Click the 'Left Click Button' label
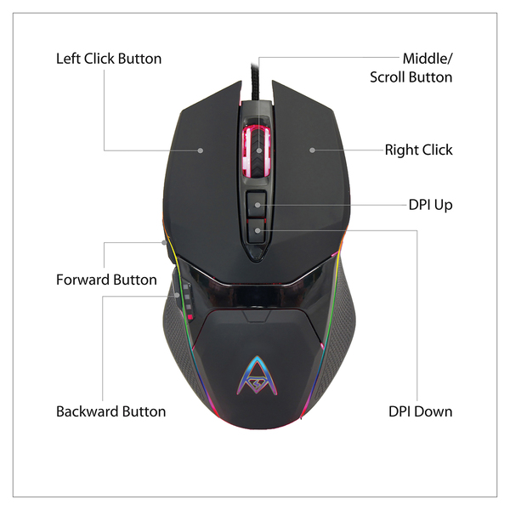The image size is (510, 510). tap(109, 59)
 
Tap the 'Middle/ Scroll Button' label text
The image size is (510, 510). tap(411, 68)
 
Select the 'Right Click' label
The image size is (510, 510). tap(419, 150)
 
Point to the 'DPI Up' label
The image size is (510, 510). tap(430, 205)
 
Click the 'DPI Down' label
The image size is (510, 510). tap(420, 411)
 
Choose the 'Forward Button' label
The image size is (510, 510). tap(106, 280)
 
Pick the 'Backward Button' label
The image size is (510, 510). tap(110, 411)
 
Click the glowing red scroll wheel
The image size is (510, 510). tap(258, 150)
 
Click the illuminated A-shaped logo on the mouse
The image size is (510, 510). tap(255, 376)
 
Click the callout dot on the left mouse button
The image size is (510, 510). tap(201, 150)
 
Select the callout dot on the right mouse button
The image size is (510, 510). tap(313, 150)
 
